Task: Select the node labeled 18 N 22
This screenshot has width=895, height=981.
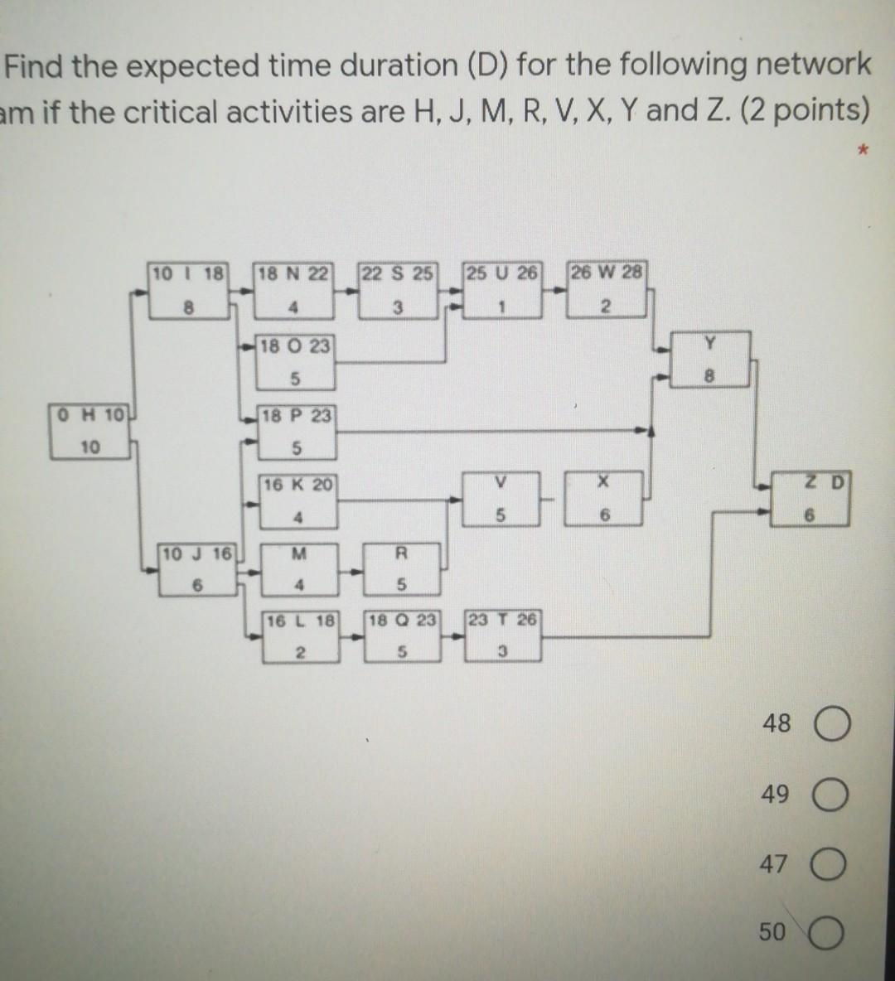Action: [x=293, y=291]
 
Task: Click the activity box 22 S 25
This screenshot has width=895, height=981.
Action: [x=398, y=291]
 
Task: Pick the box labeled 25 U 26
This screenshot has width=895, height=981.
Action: [x=501, y=291]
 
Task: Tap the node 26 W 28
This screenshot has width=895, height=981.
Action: [x=605, y=291]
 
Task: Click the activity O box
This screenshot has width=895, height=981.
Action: [x=293, y=362]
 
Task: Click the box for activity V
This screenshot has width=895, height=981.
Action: [x=501, y=500]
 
